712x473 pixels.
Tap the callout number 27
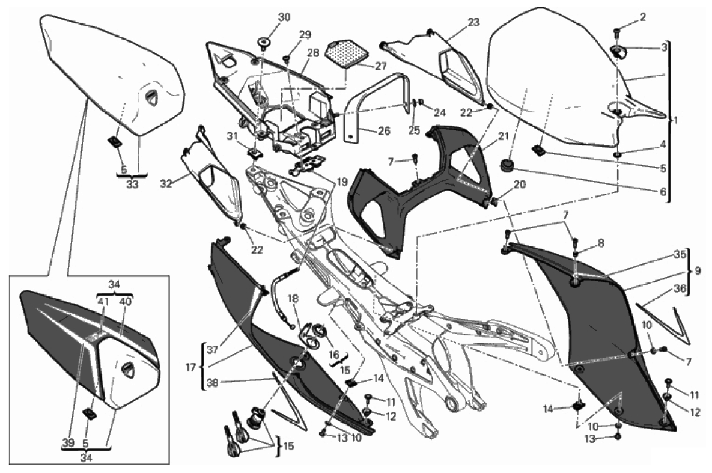pyautogui.click(x=381, y=66)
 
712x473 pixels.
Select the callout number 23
pyautogui.click(x=473, y=22)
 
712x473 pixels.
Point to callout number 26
pyautogui.click(x=384, y=131)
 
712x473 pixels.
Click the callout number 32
pyautogui.click(x=166, y=184)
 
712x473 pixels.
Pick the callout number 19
pyautogui.click(x=341, y=182)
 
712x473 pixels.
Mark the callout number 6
pyautogui.click(x=663, y=192)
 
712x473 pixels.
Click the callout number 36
pyautogui.click(x=680, y=288)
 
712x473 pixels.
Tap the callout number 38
pyautogui.click(x=213, y=383)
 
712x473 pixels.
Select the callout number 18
pyautogui.click(x=293, y=299)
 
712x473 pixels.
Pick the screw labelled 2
pyautogui.click(x=617, y=32)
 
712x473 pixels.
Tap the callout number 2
pyautogui.click(x=642, y=17)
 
